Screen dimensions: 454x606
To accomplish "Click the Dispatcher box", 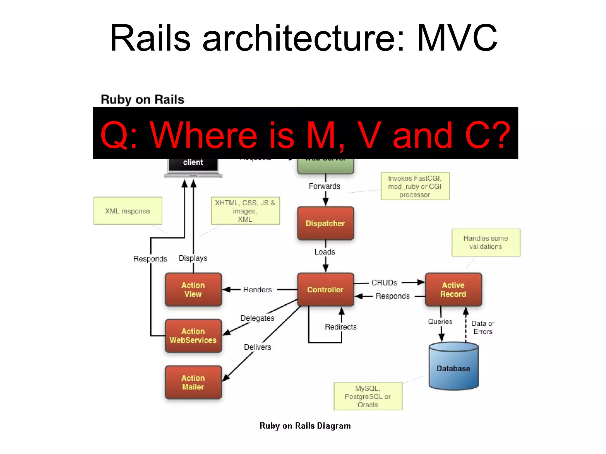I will pos(325,223).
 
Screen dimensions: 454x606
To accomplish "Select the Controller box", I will pos(325,289).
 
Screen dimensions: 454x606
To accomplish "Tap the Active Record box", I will pos(453,289).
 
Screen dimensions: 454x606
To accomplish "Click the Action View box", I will pos(193,289).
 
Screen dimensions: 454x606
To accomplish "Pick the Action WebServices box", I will pos(193,335).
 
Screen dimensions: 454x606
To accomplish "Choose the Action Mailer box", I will pos(193,382).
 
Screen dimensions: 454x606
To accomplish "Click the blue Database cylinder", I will pos(453,368).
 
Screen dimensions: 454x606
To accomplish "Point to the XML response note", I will pos(128,211).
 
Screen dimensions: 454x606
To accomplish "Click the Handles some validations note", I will pos(486,242).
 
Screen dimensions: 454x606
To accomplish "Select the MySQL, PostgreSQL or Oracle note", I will pos(368,396).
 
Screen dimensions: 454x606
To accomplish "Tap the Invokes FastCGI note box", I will pos(415,186).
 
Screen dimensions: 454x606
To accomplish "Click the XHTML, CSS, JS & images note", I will pos(245,211).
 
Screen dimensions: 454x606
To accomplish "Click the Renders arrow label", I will pos(257,290).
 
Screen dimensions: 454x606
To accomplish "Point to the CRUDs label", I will pos(384,283).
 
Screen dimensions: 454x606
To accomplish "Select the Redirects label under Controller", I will pos(341,327).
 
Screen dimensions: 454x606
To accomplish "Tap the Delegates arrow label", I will pos(257,318).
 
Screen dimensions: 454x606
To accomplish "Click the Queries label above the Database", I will pos(440,322).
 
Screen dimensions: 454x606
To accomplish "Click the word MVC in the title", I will pos(457,38).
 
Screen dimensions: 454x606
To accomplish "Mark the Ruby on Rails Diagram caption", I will pos(305,426).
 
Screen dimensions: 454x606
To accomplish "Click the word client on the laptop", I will pos(193,162).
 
